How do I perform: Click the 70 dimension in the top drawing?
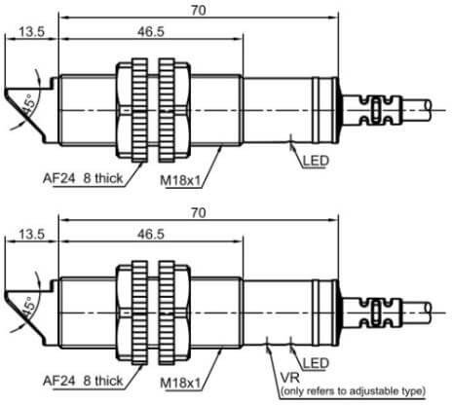(x=199, y=11)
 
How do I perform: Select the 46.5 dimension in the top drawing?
(x=151, y=31)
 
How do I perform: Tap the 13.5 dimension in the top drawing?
(x=31, y=32)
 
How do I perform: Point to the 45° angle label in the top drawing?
(x=29, y=105)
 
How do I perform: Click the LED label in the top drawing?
(x=316, y=161)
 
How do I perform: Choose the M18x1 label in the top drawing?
(x=181, y=181)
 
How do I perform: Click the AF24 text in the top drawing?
(x=58, y=178)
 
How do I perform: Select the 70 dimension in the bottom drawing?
(x=199, y=213)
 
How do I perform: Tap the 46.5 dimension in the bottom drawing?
(x=151, y=234)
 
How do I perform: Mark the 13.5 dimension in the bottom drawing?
(x=31, y=234)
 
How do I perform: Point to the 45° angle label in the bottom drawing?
(x=29, y=307)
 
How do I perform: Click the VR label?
(x=290, y=378)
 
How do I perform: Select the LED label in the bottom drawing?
(x=316, y=363)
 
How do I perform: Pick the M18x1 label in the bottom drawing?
(x=181, y=384)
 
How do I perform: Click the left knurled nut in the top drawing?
(x=139, y=110)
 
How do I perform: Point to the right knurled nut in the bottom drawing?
(x=167, y=313)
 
